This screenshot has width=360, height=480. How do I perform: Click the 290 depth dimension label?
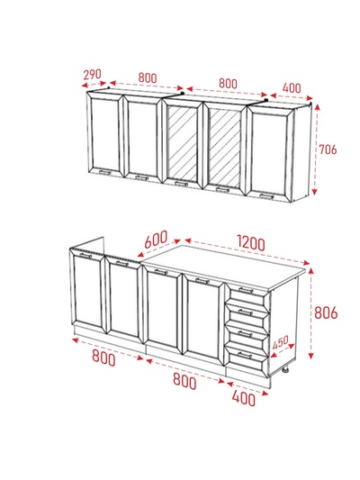click(x=92, y=75)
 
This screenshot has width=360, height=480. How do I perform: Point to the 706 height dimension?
click(x=328, y=149)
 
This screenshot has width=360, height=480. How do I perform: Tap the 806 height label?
click(x=326, y=312)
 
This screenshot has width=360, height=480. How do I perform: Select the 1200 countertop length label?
click(x=251, y=243)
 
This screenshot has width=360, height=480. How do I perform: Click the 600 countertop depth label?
click(x=156, y=239)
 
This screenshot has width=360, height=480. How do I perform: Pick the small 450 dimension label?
click(x=280, y=342)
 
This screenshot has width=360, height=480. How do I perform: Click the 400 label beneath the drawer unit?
click(x=244, y=399)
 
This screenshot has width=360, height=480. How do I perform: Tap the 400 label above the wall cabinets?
click(x=292, y=88)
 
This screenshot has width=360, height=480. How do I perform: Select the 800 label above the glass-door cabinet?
click(x=228, y=84)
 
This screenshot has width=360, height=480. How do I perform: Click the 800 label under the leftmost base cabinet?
click(x=104, y=358)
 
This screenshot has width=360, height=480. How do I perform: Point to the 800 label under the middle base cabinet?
click(x=184, y=382)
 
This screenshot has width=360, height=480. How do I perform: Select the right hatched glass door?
click(x=225, y=149)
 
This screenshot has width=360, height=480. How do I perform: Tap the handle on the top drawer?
click(x=247, y=290)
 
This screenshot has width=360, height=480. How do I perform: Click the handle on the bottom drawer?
click(x=245, y=355)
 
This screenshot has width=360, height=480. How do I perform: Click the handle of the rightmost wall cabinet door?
click(x=265, y=196)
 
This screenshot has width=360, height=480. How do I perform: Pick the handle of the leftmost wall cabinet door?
click(x=104, y=172)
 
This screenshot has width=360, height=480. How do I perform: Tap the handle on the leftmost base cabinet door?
click(x=85, y=255)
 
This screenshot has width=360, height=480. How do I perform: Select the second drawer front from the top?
click(x=247, y=312)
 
